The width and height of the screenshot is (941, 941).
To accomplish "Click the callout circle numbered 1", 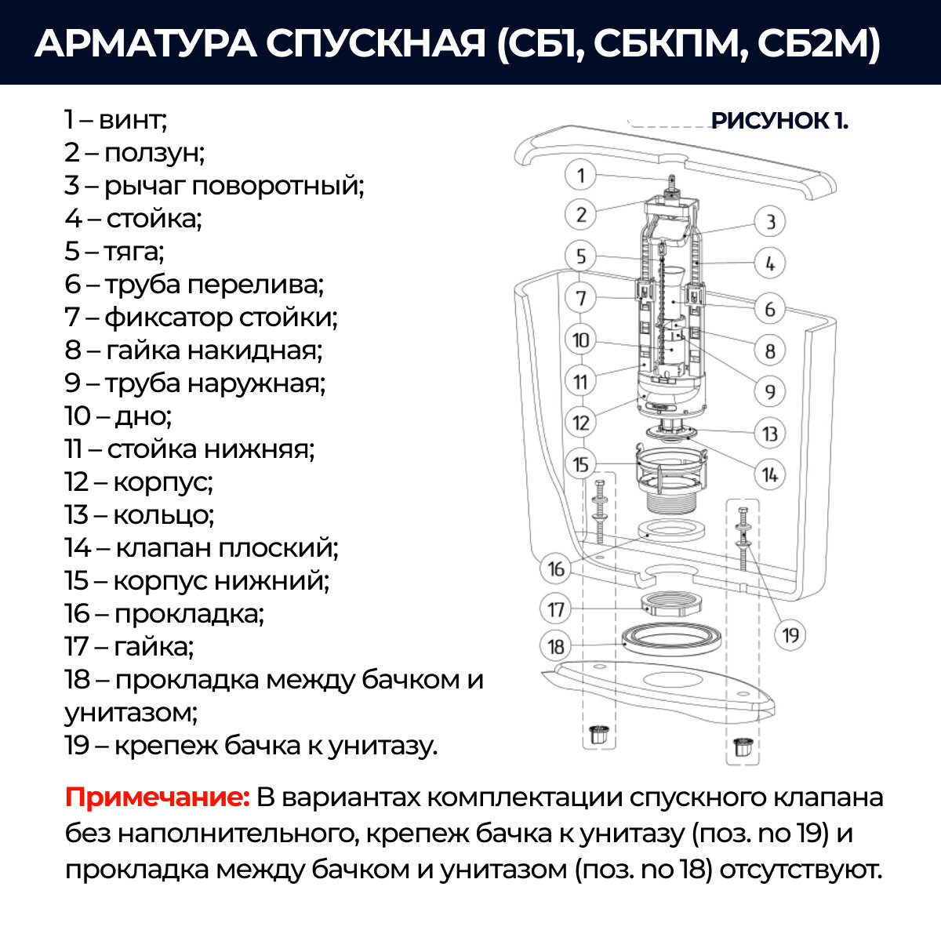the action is click(581, 175).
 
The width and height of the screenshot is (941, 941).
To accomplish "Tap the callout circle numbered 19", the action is click(790, 634).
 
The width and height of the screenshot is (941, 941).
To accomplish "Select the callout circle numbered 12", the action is click(581, 423).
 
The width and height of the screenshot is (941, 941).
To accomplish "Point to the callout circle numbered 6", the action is click(770, 308).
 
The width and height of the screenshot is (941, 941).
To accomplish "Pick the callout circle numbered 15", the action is click(581, 464).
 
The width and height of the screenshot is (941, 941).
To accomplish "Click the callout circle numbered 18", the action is click(556, 646).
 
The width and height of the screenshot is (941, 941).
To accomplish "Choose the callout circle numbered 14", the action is click(770, 474).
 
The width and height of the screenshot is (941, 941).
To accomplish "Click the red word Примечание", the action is click(157, 797).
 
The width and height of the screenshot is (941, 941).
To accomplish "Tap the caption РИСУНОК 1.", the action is click(779, 121).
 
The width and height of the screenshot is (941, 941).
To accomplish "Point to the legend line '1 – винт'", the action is click(116, 120).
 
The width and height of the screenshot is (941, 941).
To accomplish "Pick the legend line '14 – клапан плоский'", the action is click(202, 547).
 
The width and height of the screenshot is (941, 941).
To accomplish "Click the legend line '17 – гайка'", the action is click(129, 646).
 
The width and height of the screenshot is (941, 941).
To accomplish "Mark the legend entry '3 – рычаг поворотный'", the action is click(214, 186).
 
